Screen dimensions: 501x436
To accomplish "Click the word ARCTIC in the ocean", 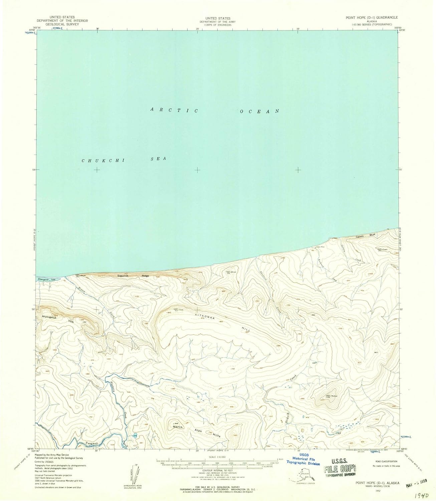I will [174, 110].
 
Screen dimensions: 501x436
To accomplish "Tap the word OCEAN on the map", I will [259, 111].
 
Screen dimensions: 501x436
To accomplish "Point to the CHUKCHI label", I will [103, 161].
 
